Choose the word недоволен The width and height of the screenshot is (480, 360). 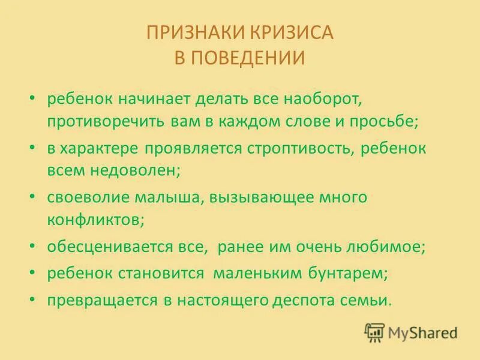130,170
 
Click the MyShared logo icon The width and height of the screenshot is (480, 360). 374,332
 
